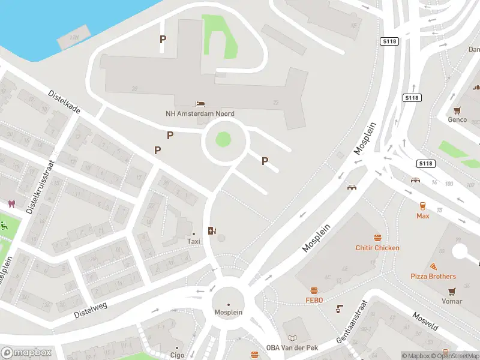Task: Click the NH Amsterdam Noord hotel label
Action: pos(200,113)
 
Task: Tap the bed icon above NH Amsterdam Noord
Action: pos(200,104)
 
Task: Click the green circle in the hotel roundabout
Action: pos(223,140)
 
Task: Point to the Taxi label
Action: pos(193,241)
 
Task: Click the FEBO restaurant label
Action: pos(314,300)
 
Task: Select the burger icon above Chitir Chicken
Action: pos(377,238)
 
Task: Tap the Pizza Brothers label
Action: pos(433,277)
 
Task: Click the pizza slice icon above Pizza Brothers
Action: pos(433,266)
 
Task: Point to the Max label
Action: pos(423,215)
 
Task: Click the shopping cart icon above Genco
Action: pos(458,110)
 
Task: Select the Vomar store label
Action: pos(452,301)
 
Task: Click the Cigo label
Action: pos(176,355)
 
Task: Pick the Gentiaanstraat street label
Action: pos(350,323)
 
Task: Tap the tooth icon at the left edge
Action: pos(10,204)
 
